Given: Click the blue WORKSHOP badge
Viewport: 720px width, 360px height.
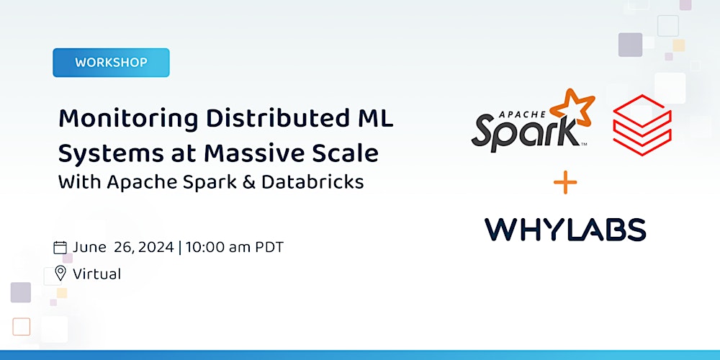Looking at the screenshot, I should click(x=111, y=63).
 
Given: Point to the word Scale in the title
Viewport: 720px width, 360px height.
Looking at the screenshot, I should click(x=347, y=153).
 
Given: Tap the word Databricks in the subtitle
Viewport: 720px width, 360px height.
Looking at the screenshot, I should click(x=312, y=181).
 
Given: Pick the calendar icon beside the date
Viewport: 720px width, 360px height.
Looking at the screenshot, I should click(x=60, y=248).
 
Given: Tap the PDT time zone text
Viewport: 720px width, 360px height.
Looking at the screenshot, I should click(x=269, y=248).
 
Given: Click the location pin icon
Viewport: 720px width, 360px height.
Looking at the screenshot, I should click(x=60, y=274).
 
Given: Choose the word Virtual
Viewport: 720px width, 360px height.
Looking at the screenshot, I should click(x=96, y=274).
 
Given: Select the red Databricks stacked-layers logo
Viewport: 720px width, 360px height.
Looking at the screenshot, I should click(x=642, y=123).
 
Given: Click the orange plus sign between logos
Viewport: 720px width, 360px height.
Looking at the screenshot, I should click(x=565, y=183).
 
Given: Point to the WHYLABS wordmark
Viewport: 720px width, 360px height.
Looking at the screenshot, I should click(x=565, y=229).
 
